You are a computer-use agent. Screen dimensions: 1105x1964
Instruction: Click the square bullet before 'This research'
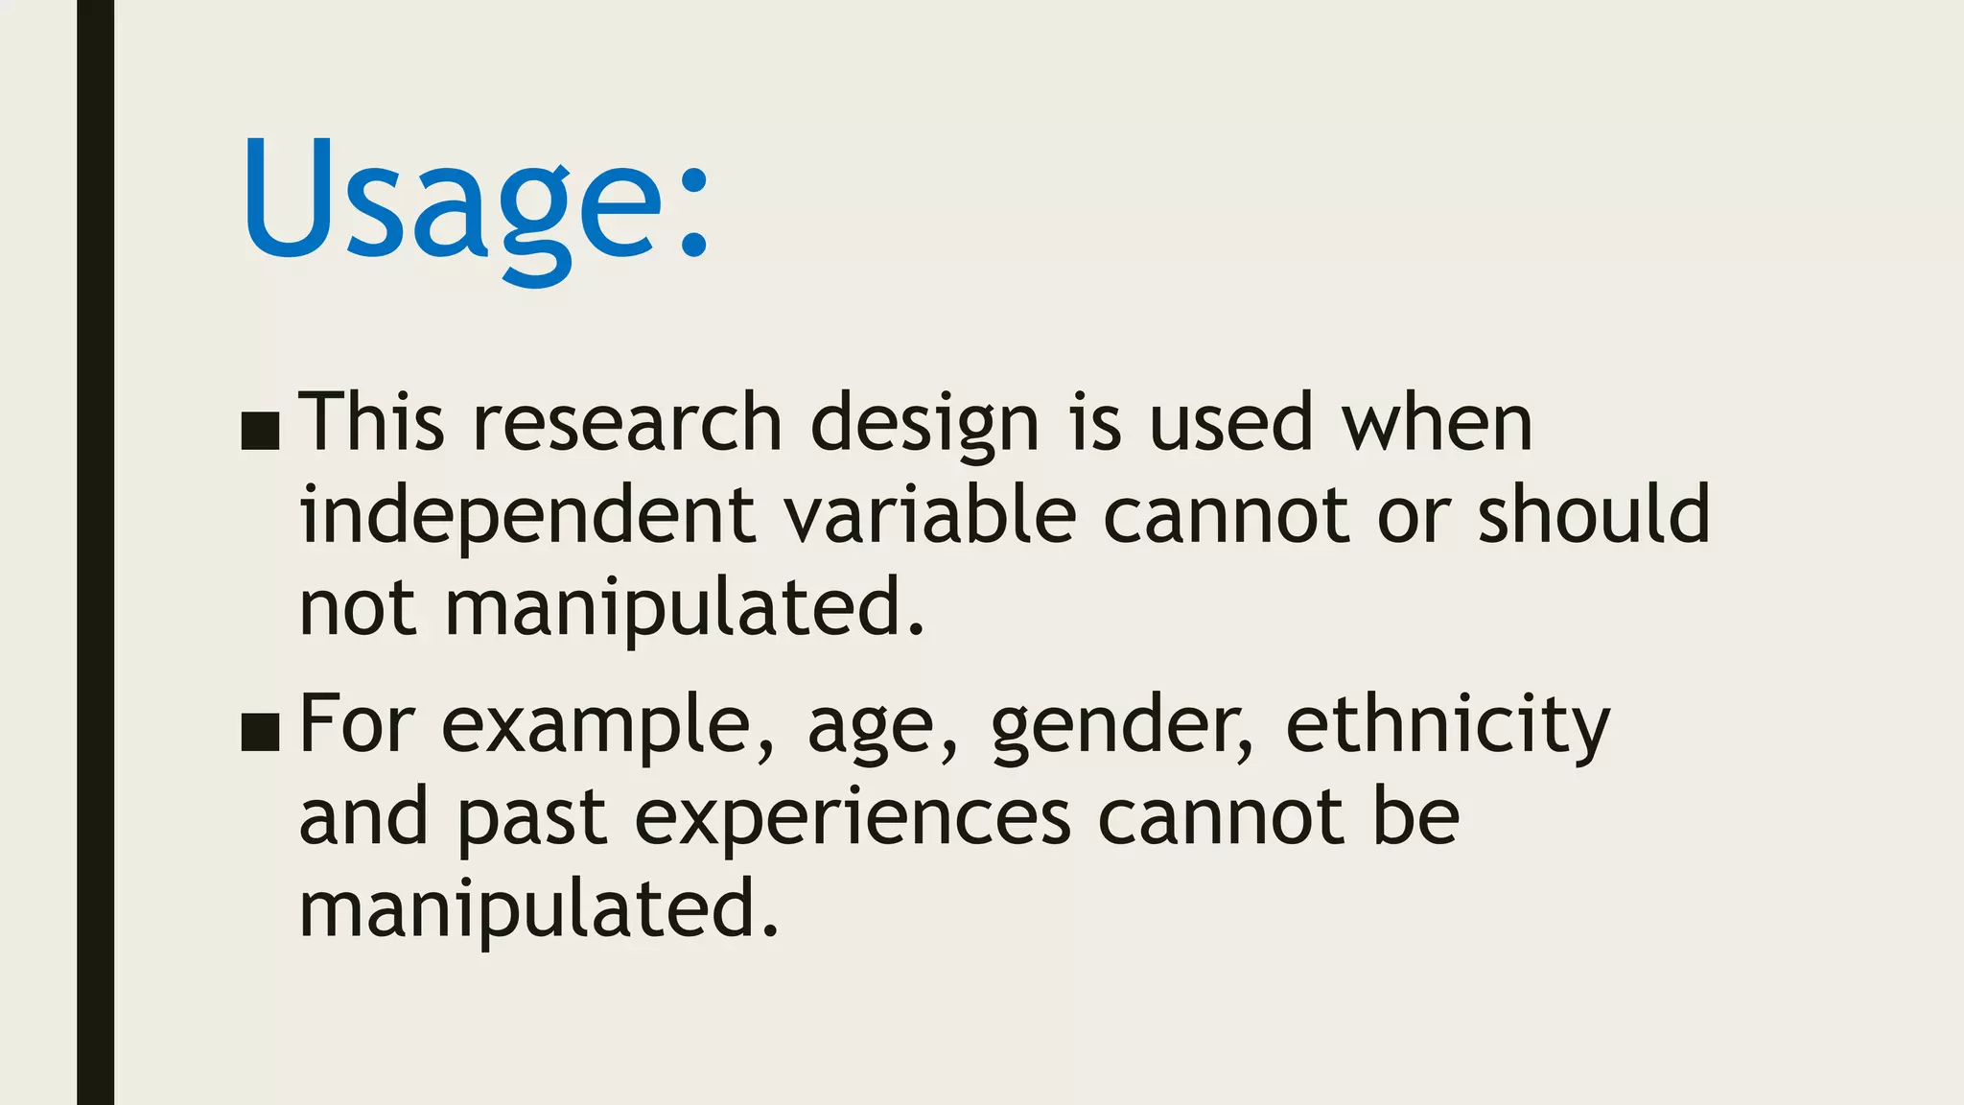pyautogui.click(x=260, y=432)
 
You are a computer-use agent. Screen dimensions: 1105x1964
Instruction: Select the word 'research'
pyautogui.click(x=628, y=422)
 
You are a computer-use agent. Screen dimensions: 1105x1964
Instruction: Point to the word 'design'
pyautogui.click(x=924, y=424)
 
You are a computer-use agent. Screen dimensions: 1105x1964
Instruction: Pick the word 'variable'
pyautogui.click(x=930, y=514)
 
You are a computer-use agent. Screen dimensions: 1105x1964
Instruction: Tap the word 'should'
pyautogui.click(x=1593, y=514)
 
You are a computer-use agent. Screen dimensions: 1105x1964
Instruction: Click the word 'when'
pyautogui.click(x=1437, y=422)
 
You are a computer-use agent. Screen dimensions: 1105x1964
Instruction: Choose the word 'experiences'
pyautogui.click(x=853, y=819)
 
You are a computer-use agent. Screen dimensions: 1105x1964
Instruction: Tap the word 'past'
pyautogui.click(x=531, y=821)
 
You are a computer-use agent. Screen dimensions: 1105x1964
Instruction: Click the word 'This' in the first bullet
pyautogui.click(x=372, y=422)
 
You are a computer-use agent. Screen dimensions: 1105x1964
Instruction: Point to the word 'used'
pyautogui.click(x=1230, y=422)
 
